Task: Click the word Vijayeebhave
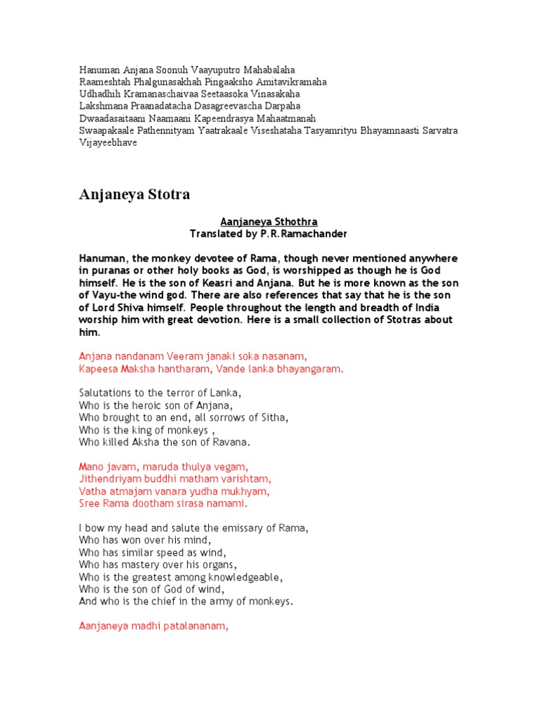pyautogui.click(x=108, y=142)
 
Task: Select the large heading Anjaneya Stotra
pyautogui.click(x=134, y=194)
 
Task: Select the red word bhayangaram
pyautogui.click(x=311, y=369)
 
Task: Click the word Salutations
pyautogui.click(x=106, y=393)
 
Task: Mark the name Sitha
pyautogui.click(x=274, y=418)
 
